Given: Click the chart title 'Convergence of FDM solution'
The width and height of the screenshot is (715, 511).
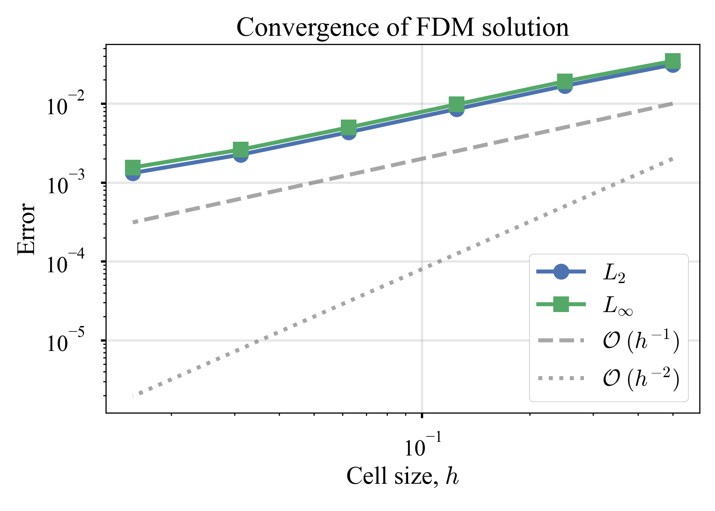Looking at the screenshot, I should point(402,27).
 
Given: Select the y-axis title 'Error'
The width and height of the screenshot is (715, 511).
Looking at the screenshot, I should point(26,229).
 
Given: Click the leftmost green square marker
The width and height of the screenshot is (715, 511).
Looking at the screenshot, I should point(133,167).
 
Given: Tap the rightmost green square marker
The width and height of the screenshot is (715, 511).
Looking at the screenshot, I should point(673,61).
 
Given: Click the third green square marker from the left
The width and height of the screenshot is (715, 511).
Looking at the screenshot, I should point(349,127).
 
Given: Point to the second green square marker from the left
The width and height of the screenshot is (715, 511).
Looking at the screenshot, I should point(241,149).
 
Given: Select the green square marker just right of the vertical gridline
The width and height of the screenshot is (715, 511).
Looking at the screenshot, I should point(457,104).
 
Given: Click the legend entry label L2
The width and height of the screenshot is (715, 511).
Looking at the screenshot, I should point(614,273).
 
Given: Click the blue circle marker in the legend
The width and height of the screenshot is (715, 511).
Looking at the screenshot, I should point(561,272).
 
